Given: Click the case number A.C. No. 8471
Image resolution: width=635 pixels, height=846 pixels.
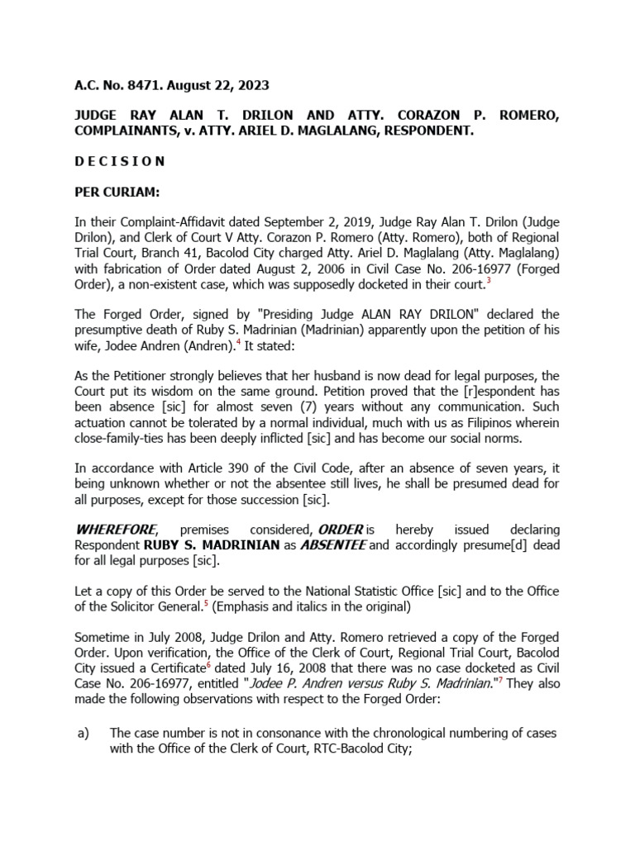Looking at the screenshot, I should pos(112,85).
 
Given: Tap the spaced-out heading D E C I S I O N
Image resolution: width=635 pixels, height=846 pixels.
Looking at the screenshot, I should pos(119,161).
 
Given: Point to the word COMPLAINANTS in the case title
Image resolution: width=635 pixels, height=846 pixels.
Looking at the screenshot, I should pos(127,131).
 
